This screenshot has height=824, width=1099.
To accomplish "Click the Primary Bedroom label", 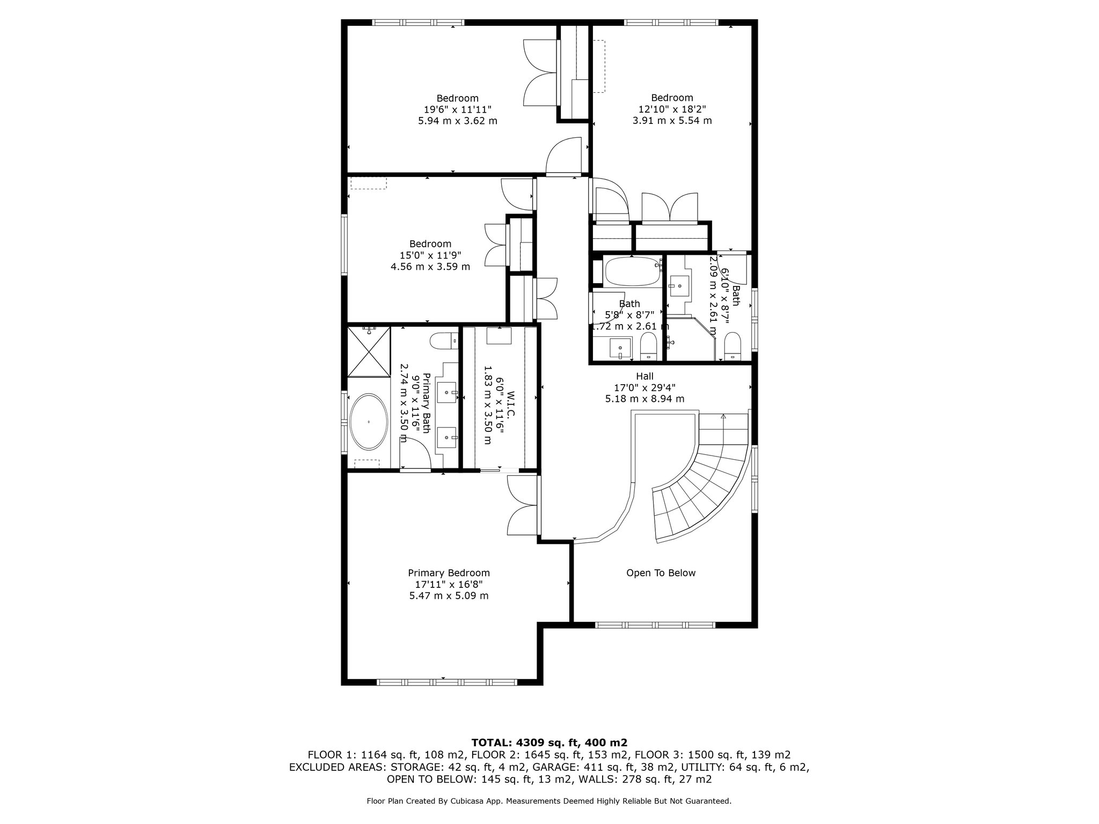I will [x=449, y=573].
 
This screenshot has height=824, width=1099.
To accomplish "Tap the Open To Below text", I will [x=661, y=573].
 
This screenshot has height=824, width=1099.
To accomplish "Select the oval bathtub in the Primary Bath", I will [x=369, y=422].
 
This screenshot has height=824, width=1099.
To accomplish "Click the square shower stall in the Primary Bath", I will [x=369, y=351].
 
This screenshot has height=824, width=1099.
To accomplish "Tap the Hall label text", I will [x=644, y=376].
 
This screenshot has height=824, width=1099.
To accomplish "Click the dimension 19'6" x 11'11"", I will [x=457, y=109].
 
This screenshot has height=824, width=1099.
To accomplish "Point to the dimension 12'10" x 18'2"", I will [x=672, y=109].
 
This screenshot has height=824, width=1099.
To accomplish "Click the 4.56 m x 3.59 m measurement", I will [x=430, y=267].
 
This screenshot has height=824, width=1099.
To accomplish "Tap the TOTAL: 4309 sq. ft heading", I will [x=549, y=742].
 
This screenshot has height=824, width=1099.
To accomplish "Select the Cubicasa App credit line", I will [x=548, y=801].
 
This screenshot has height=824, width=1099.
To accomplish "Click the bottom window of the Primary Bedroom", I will [x=446, y=682].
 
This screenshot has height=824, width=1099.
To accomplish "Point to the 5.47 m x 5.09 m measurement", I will [x=449, y=596].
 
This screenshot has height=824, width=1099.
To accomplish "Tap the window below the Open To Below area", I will [x=655, y=625].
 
